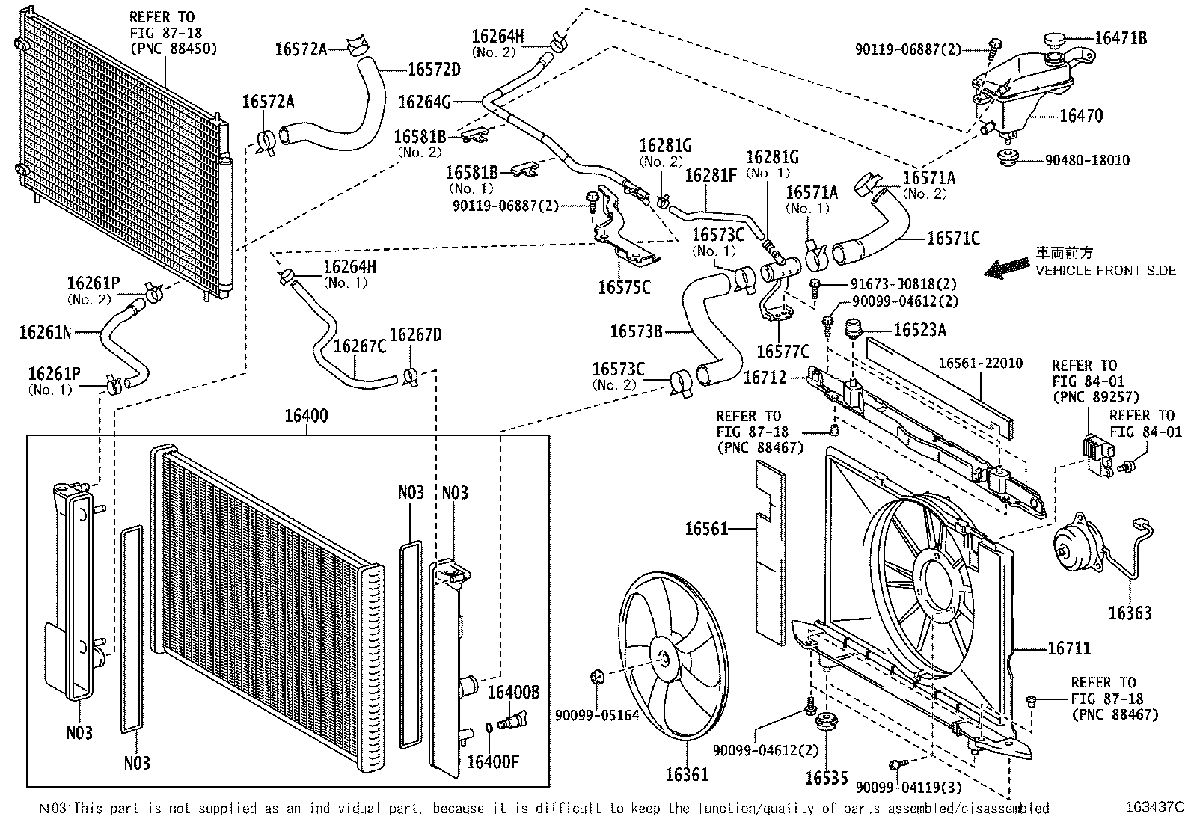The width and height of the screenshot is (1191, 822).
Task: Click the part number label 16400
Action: tap(306, 417)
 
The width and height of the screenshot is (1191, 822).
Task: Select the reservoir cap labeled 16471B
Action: tap(1055, 39)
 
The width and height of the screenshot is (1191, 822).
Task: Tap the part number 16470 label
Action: tap(1081, 116)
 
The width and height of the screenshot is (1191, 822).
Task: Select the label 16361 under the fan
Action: tap(687, 775)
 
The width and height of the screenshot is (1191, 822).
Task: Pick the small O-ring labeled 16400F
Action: tap(488, 726)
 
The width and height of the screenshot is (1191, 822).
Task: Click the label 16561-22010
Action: tap(980, 364)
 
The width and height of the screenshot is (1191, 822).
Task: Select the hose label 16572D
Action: tap(433, 70)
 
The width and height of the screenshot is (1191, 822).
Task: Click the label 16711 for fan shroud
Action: tap(1069, 649)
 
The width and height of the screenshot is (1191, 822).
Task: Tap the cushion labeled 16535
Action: tap(827, 724)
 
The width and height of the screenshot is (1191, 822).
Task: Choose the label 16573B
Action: tap(636, 331)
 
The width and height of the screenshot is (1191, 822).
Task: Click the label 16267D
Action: tap(415, 335)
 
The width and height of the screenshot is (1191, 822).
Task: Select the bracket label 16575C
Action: tap(624, 287)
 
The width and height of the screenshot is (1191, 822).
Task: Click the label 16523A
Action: tap(920, 330)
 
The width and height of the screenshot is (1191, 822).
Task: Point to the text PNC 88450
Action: tap(174, 49)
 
